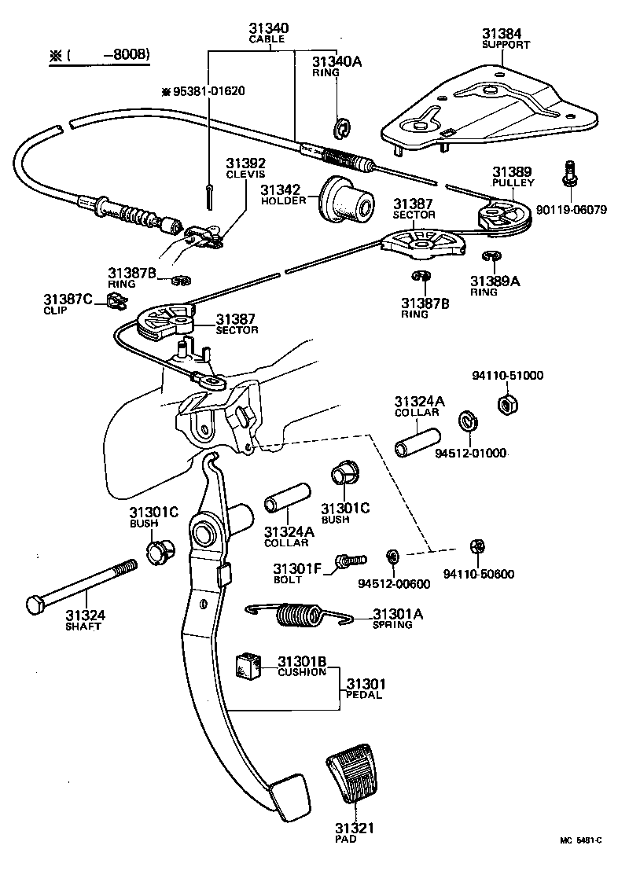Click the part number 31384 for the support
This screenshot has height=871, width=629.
click(x=501, y=34)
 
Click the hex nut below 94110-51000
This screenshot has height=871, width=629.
click(x=506, y=406)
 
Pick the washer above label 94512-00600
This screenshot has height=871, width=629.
click(x=391, y=557)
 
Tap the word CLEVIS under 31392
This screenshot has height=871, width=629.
click(x=245, y=175)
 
